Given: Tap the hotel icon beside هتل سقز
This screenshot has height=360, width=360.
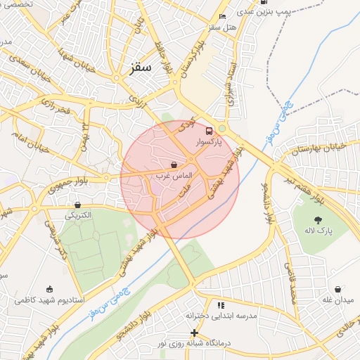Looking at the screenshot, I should [x=223, y=16].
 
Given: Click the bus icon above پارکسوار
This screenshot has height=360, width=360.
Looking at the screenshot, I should [x=208, y=131].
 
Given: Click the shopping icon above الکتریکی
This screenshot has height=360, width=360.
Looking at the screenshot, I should [x=77, y=205].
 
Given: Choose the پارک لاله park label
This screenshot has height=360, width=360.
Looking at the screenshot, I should [x=319, y=230].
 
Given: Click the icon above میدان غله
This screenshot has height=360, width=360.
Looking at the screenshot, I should [x=338, y=289].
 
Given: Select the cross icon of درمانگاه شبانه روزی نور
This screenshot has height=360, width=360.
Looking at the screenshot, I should [x=195, y=333].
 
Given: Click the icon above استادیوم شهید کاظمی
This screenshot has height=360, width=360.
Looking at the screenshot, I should [x=49, y=289].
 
